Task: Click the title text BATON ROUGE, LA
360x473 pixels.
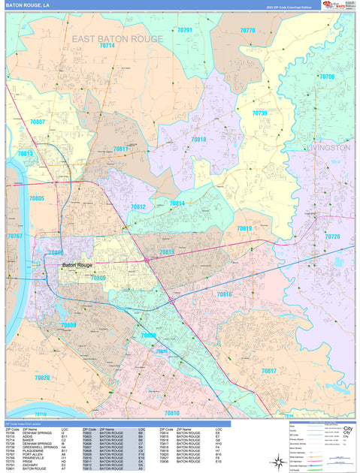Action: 29,5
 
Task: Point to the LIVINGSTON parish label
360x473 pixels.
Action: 328,148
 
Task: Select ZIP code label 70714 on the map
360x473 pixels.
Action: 107,46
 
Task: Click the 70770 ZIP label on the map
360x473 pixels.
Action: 247,30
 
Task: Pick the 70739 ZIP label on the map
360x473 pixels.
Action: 259,113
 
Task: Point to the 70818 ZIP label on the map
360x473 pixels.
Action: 198,139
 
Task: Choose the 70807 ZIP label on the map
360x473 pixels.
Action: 37,122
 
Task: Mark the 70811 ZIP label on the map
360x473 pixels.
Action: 120,149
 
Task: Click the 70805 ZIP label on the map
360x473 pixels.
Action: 36,198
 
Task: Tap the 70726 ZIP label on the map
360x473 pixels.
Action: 332,236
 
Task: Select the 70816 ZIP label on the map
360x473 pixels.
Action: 224,294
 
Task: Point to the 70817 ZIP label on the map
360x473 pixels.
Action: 268,371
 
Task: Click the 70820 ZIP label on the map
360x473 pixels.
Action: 42,378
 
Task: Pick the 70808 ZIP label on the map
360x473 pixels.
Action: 68,325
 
